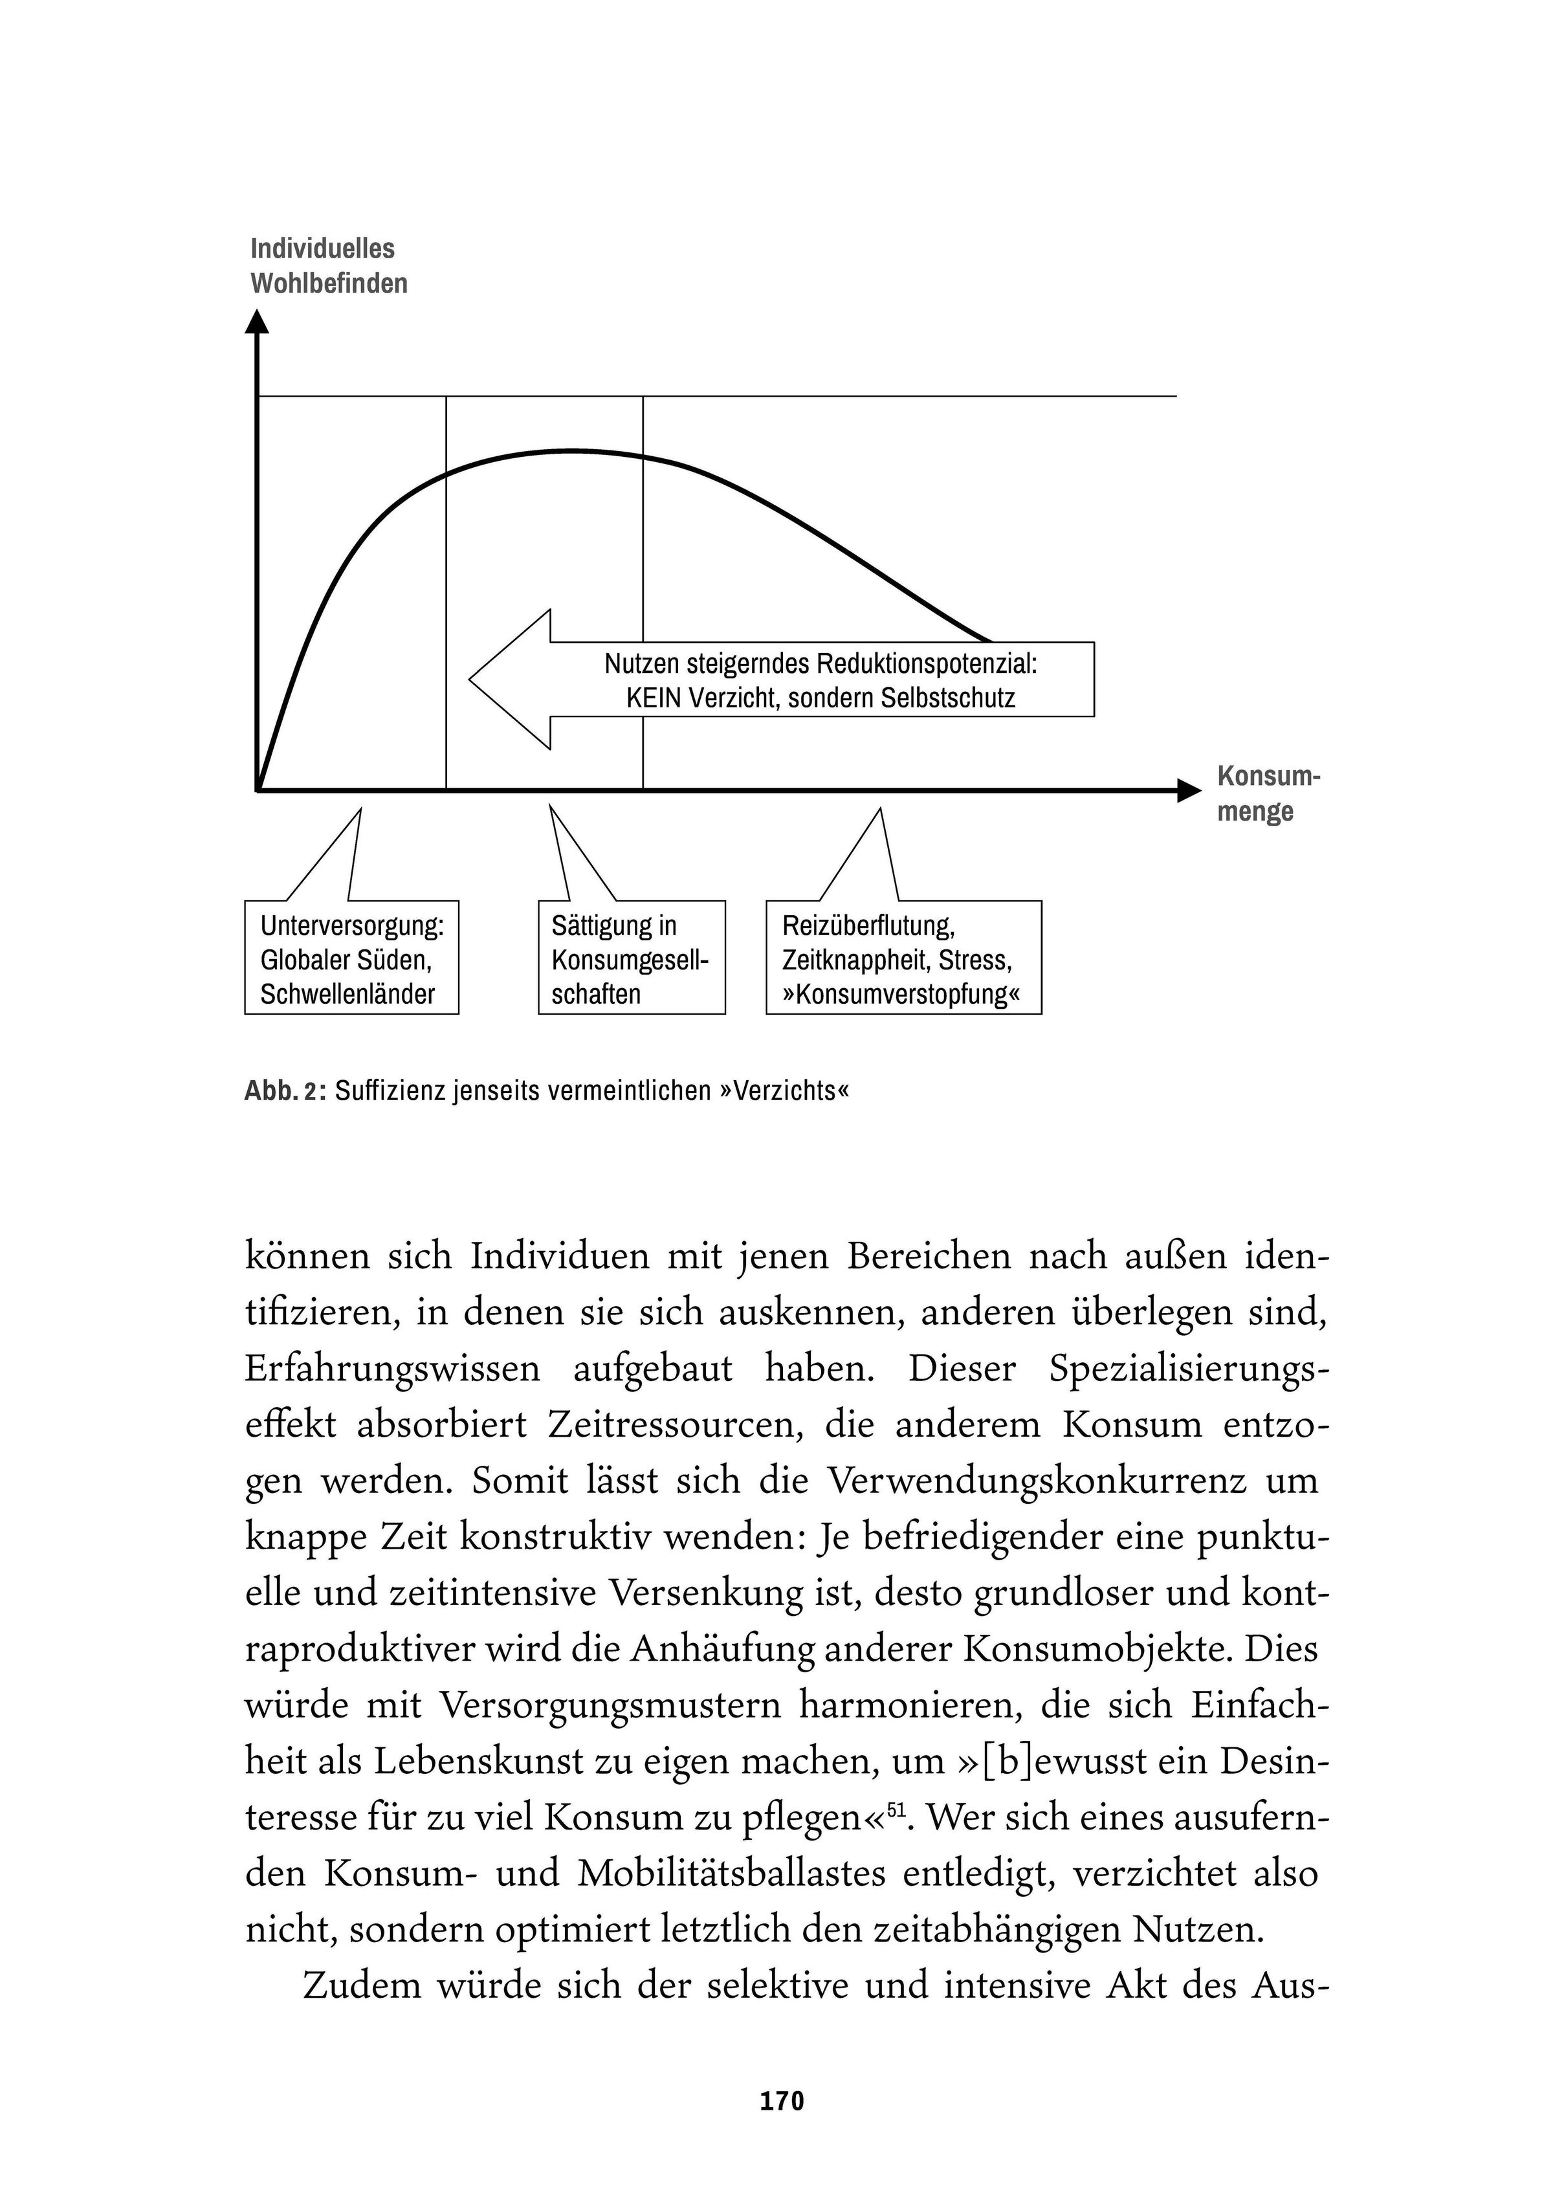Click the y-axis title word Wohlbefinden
tap(329, 283)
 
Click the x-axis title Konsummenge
tap(1267, 793)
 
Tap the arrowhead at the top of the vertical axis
tap(258, 321)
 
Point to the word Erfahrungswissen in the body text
tap(392, 1369)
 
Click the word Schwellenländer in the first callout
tap(347, 994)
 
